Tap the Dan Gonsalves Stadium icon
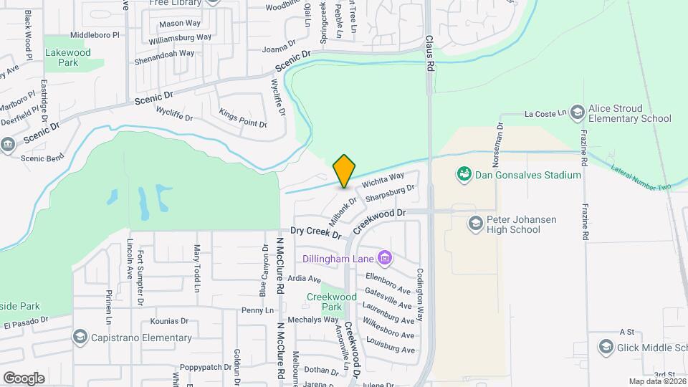coord(464,174)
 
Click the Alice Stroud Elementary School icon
coord(578,113)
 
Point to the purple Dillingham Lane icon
coord(385,257)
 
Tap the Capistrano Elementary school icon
coord(80,338)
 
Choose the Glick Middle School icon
coord(606,348)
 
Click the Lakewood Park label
coord(68,57)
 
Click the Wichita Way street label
coord(388,178)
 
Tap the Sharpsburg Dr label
coord(390,193)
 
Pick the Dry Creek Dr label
coord(316,231)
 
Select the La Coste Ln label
coord(545,113)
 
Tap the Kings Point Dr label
coord(243,119)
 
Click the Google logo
coord(24,378)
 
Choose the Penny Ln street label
coord(257,310)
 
